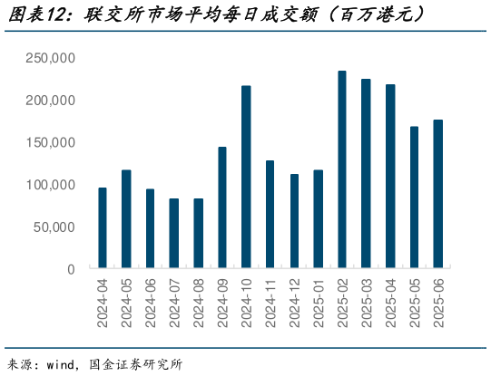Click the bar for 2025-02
point(342,170)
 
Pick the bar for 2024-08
point(198,234)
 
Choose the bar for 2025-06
point(438,195)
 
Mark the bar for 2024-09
point(222,208)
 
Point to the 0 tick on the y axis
point(70,269)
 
